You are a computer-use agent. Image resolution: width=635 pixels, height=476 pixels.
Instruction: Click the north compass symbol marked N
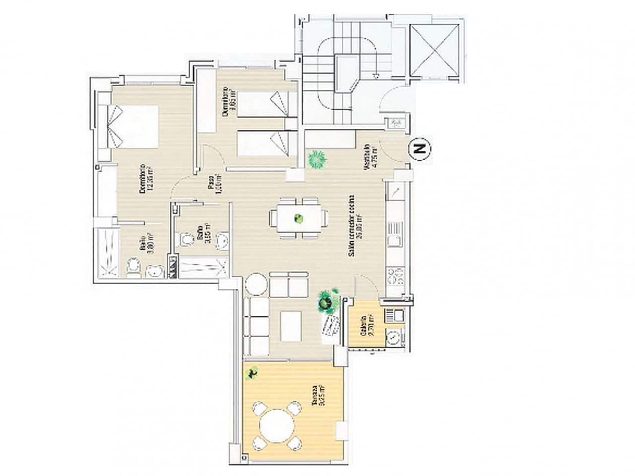point(421,149)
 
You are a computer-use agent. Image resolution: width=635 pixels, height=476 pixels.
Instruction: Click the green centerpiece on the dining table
point(299,218)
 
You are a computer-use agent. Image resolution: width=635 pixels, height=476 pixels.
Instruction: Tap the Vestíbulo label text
point(369,157)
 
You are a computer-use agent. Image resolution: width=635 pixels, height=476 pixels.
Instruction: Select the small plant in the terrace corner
point(253,373)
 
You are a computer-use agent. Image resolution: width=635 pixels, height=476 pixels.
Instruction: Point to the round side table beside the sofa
point(256,285)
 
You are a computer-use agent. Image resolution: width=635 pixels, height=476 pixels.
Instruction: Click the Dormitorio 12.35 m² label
point(144,178)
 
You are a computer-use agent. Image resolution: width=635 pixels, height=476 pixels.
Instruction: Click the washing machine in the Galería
point(395,338)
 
